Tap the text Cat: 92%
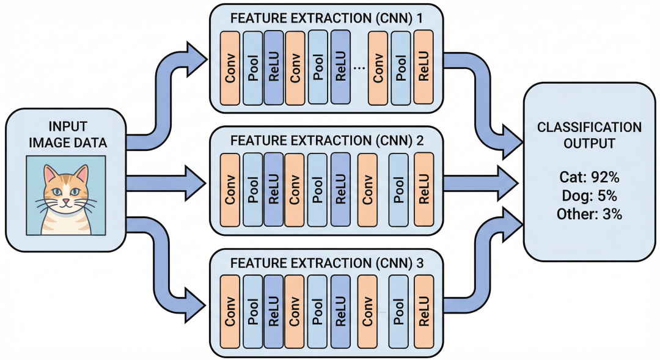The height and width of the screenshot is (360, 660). [589, 177]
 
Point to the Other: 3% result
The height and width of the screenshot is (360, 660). [589, 214]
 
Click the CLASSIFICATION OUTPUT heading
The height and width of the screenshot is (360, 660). [589, 136]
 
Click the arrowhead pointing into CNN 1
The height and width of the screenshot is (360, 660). [197, 58]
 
